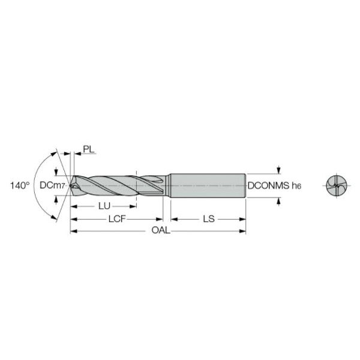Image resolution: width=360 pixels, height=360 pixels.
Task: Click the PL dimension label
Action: click(x=89, y=149)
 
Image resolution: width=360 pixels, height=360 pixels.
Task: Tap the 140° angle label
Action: click(x=20, y=185)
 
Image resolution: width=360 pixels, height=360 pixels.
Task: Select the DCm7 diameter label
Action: click(x=52, y=185)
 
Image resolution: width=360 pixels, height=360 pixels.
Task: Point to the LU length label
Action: click(x=104, y=206)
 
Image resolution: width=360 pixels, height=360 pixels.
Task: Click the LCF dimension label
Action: click(x=117, y=219)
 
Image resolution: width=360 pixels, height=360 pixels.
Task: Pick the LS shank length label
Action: click(x=209, y=219)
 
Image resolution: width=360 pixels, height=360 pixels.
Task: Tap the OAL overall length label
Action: click(x=161, y=230)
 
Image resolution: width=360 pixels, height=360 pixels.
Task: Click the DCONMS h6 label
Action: click(x=274, y=185)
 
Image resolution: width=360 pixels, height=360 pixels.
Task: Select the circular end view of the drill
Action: click(x=337, y=185)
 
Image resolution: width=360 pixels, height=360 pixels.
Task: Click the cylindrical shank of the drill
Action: click(x=208, y=185)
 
